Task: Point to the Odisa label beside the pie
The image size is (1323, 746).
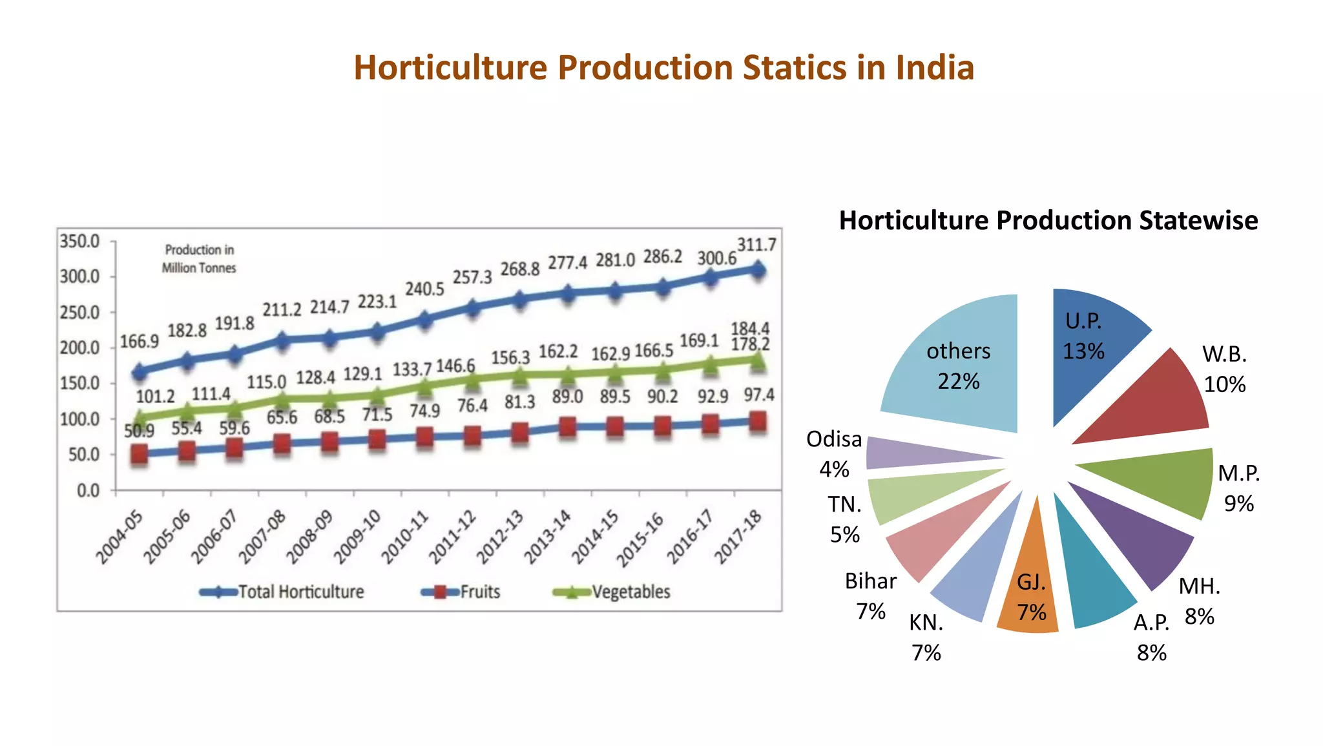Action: coord(834,439)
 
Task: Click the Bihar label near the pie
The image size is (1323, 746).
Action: coord(870,581)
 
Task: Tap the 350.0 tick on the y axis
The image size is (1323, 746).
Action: coord(79,242)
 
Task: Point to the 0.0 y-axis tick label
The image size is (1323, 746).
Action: coord(88,491)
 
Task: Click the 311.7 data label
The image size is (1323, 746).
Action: coord(756,245)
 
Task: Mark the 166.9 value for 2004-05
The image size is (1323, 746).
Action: coord(139,341)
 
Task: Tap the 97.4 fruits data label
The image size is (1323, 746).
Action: coord(758,395)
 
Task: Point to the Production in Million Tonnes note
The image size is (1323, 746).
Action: coord(199,258)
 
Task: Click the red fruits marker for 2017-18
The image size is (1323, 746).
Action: coord(758,422)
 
